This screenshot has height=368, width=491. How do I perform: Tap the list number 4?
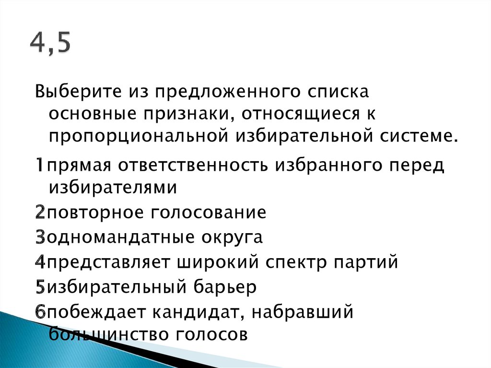point(40,263)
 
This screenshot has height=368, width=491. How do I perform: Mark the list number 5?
point(40,288)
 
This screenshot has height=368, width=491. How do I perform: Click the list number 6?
point(40,313)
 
